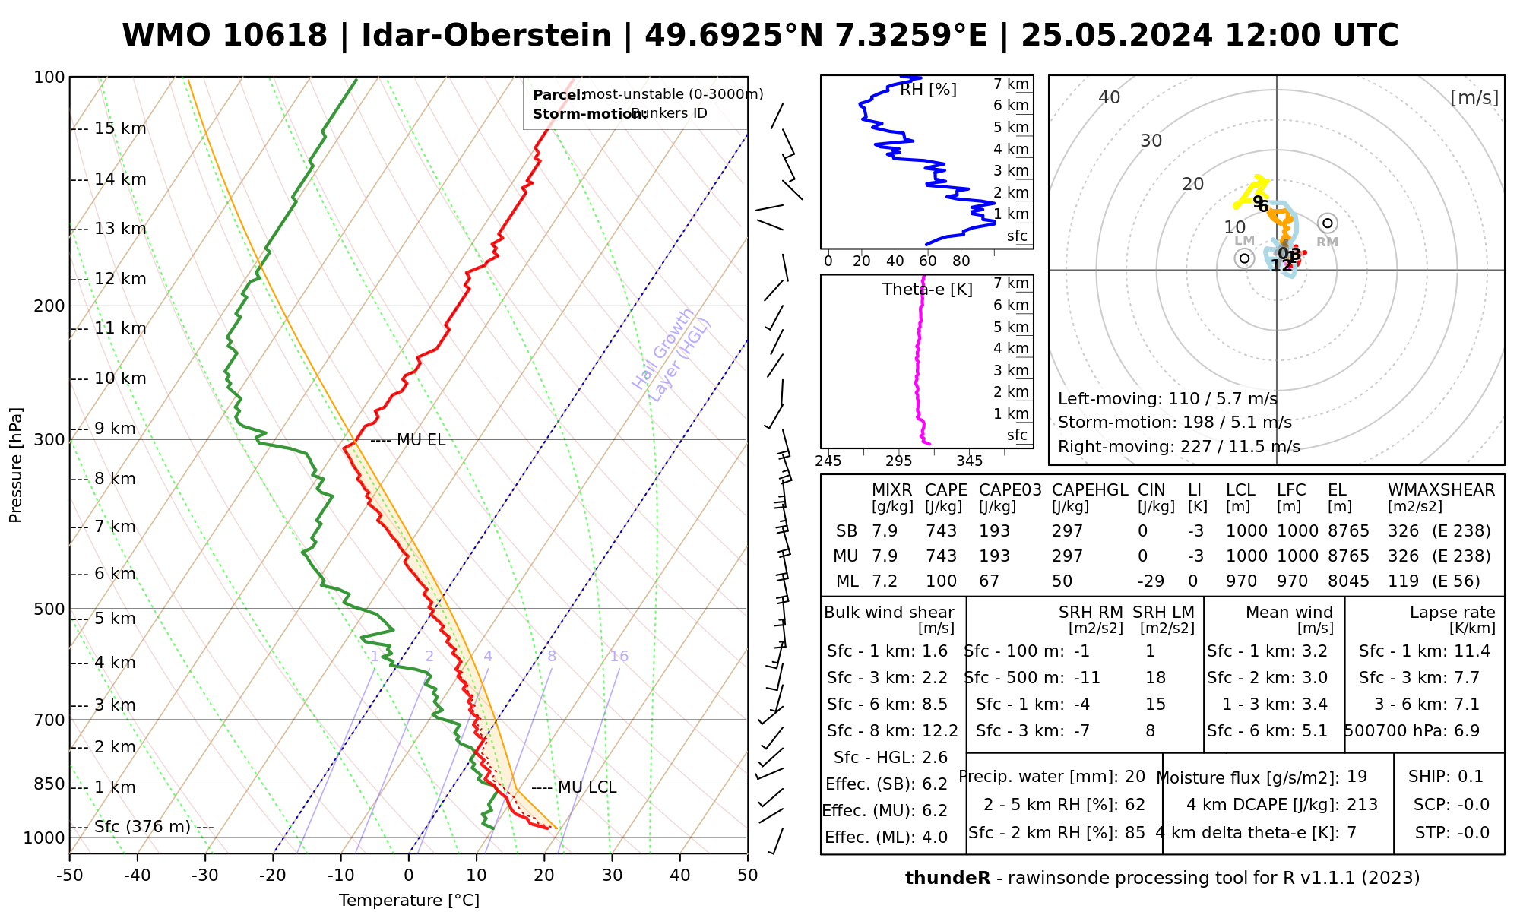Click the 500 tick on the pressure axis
tap(49, 609)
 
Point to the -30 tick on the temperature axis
tap(205, 876)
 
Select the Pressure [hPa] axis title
tap(16, 465)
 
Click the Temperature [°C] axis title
tap(409, 901)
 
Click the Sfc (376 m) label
tap(142, 827)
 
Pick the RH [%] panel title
tap(928, 90)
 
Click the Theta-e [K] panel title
tap(927, 290)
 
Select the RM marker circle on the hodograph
tap(1328, 223)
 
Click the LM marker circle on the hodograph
tap(1244, 258)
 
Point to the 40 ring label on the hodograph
tap(1110, 97)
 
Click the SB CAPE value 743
tap(941, 531)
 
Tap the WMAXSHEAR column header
tap(1441, 490)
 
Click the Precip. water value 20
tap(1135, 777)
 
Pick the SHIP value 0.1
tap(1471, 777)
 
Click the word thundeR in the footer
tap(947, 879)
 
